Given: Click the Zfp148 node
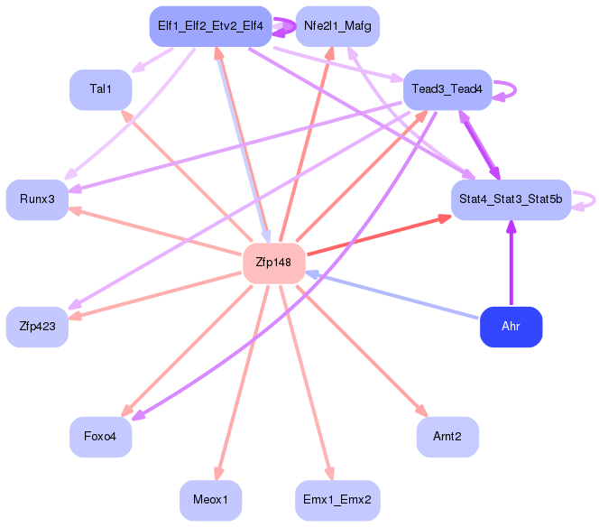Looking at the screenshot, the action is point(274,263).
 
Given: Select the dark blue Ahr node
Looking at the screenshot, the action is point(511,327).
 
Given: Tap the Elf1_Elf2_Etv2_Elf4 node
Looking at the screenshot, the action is point(210,26).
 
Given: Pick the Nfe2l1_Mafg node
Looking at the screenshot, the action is point(337,26).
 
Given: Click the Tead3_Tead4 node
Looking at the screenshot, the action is point(447,90).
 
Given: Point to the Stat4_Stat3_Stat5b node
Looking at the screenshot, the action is point(511,199).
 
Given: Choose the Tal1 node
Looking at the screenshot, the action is point(100,90).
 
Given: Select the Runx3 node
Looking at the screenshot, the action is point(37,199).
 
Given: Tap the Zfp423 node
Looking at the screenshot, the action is point(37,327).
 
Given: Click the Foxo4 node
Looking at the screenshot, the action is point(100,437).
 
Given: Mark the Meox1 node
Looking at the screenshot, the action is point(210,500).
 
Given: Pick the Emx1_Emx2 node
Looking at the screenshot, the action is point(337,500).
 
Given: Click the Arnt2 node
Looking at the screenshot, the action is point(447,437).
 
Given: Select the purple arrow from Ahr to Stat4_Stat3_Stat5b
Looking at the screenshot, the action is point(511,263).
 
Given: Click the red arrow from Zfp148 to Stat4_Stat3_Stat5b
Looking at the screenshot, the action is point(379,235).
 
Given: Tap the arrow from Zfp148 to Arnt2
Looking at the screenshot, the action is point(362,350).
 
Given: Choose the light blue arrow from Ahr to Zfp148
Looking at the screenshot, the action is point(392,295).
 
